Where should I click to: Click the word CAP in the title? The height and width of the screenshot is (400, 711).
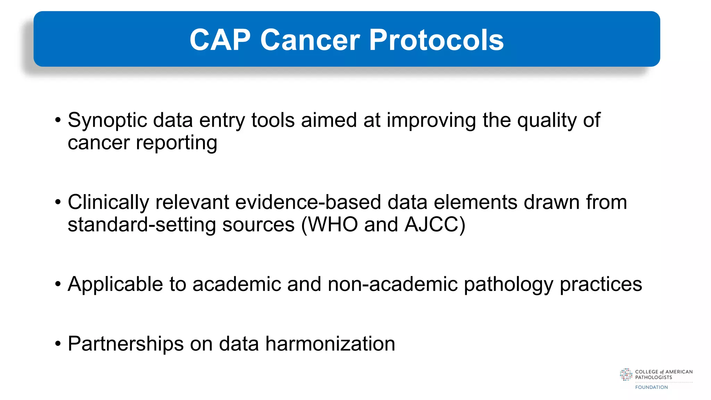(x=220, y=40)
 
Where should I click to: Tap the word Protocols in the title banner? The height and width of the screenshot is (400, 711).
(x=436, y=40)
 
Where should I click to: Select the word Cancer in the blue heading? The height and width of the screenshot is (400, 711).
(x=310, y=40)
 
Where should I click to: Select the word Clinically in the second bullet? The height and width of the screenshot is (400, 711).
(x=108, y=202)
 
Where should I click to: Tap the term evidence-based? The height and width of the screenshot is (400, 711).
(x=308, y=202)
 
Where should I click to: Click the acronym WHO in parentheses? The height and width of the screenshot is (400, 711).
(x=333, y=225)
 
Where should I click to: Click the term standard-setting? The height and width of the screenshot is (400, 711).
(x=142, y=225)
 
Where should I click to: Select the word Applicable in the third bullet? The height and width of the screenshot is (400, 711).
(x=115, y=284)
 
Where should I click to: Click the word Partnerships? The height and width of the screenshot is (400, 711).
(x=125, y=344)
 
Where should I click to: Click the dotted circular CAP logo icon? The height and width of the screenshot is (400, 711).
(x=626, y=375)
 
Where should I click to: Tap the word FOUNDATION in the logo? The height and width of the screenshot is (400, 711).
(x=651, y=387)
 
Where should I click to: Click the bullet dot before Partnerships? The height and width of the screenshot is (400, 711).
(x=58, y=344)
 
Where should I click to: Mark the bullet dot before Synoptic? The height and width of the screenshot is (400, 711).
(x=58, y=120)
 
